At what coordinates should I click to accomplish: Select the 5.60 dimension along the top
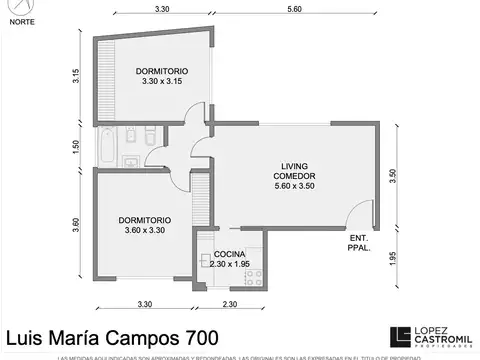pos(293,9)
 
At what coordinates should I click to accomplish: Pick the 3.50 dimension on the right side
pos(393,173)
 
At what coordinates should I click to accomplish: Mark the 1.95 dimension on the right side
pos(393,256)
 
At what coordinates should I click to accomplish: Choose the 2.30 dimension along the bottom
pos(229,303)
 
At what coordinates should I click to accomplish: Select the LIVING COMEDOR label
pos(293,176)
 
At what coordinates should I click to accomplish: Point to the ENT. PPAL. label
pos(358,243)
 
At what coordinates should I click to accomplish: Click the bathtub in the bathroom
pos(106,146)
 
